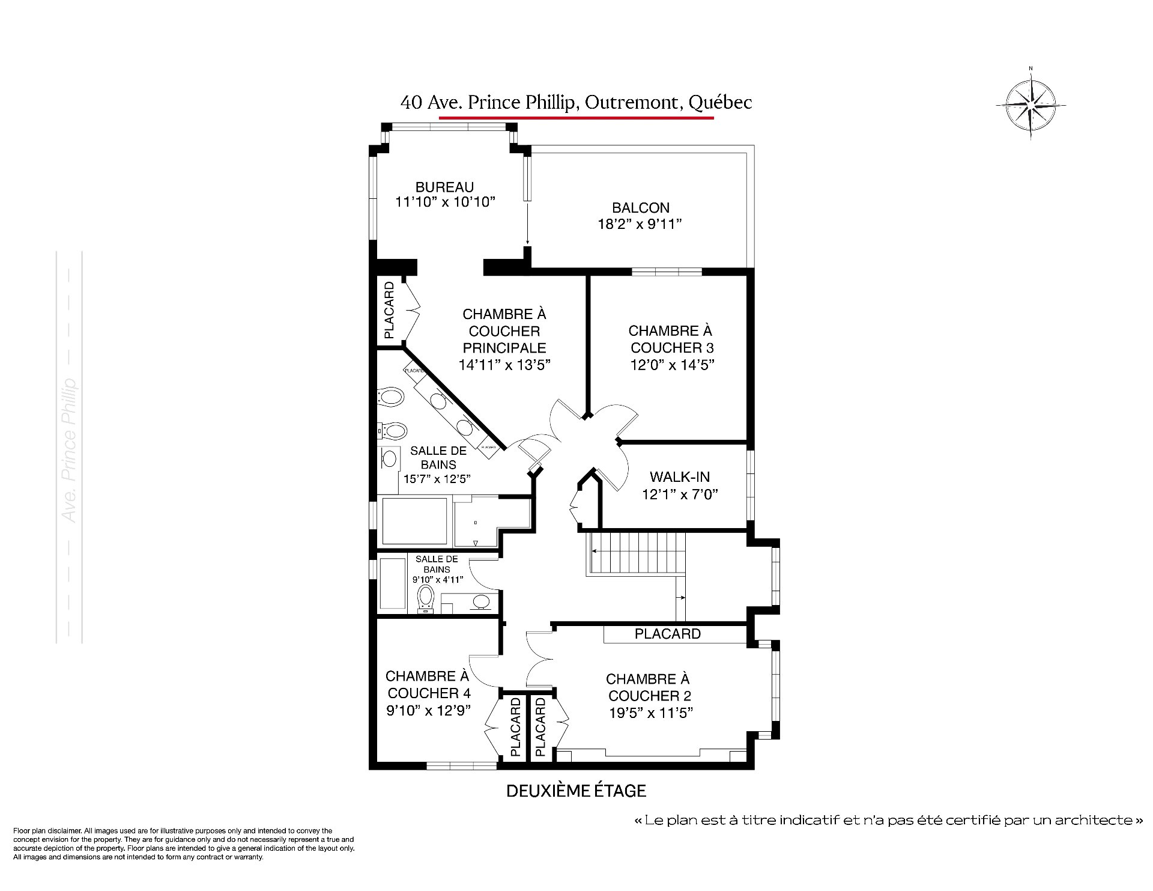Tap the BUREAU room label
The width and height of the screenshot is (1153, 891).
coord(444,187)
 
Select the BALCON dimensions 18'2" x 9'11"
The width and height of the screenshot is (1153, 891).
coord(641,225)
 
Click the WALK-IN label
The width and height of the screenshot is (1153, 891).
coord(680,477)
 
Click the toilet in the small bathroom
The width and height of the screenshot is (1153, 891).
coord(426,598)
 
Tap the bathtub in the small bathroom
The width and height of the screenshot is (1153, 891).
coord(393,583)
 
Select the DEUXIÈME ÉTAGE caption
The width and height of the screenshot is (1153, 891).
coord(576,791)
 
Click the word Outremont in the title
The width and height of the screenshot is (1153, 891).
coord(631,103)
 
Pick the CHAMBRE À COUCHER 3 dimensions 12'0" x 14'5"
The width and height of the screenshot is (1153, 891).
coord(672,365)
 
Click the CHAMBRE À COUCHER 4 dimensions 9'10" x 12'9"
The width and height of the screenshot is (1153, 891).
coord(428,710)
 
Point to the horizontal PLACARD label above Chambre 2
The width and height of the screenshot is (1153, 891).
coord(667,634)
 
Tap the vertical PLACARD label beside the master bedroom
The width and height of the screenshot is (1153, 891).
coord(389,310)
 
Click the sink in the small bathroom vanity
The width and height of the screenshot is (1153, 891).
coord(481,601)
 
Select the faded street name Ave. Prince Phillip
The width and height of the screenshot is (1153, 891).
coord(70,451)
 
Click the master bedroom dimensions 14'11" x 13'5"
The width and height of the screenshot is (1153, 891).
coord(504,365)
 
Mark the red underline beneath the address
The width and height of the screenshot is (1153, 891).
coord(576,118)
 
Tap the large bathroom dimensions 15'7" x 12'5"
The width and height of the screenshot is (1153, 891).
coord(437,479)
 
